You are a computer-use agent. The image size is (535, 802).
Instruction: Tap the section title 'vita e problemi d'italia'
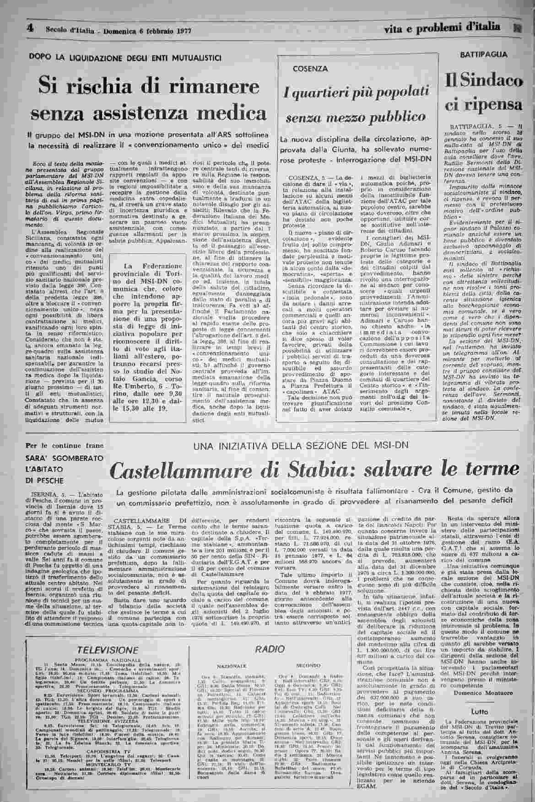[x=442, y=28]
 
